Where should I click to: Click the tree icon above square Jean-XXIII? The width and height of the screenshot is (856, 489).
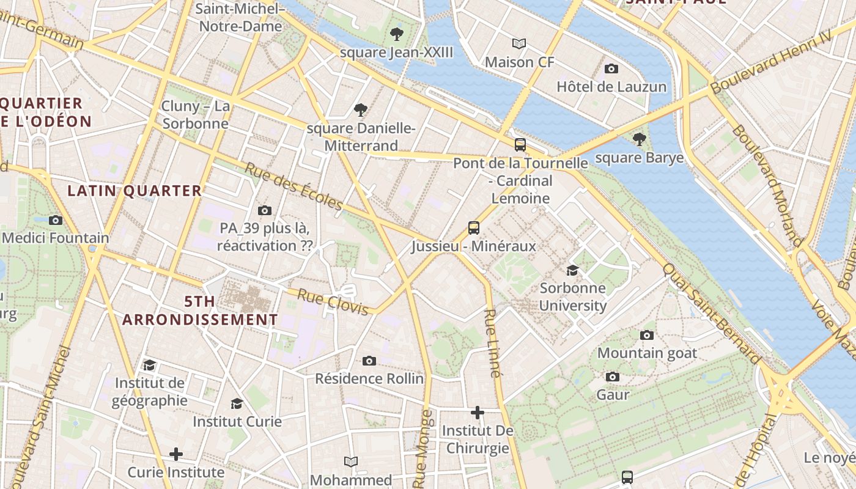point(396,34)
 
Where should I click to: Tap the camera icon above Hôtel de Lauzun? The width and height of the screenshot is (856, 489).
point(611,68)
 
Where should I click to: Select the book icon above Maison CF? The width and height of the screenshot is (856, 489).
point(519,43)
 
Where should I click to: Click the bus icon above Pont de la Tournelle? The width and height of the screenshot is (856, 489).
point(520,145)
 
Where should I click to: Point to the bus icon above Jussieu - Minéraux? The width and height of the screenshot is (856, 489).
point(474,228)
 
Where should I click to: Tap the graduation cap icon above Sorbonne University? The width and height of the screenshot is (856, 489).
point(572,270)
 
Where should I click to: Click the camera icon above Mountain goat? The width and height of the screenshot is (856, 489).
point(647,335)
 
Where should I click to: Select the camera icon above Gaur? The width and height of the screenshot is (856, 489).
point(613,377)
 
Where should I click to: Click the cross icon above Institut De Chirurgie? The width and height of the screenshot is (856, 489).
point(478,413)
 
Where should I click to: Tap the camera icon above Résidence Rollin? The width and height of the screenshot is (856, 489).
point(369,361)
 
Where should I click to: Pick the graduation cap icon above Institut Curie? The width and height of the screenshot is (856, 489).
point(237,403)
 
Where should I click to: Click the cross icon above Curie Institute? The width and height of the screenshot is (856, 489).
point(176,454)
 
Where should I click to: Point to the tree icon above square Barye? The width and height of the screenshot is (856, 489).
point(639,139)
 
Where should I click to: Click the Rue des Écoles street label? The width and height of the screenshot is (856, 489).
point(294,186)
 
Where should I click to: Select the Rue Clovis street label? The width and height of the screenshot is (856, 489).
point(333,302)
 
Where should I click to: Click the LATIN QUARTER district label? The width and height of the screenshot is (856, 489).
point(135,191)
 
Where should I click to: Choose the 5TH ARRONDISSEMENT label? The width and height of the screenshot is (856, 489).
point(200,311)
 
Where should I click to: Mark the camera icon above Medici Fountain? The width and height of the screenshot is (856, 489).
point(56,220)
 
